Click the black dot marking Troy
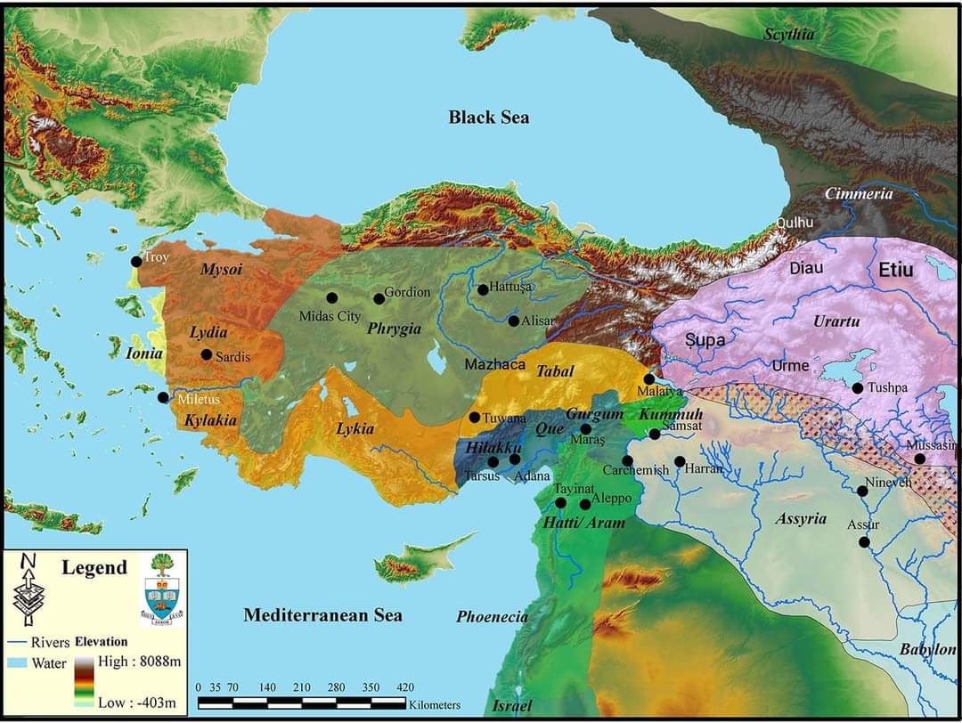pyautogui.click(x=136, y=261)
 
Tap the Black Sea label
pyautogui.click(x=488, y=118)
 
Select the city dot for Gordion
pyautogui.click(x=379, y=298)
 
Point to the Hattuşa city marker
pyautogui.click(x=483, y=289)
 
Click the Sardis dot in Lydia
pyautogui.click(x=207, y=354)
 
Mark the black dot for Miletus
pyautogui.click(x=164, y=397)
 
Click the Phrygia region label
pyautogui.click(x=394, y=328)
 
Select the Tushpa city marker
pyautogui.click(x=858, y=388)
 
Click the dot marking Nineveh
pyautogui.click(x=862, y=491)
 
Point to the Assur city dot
pyautogui.click(x=864, y=541)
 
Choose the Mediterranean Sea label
pyautogui.click(x=322, y=614)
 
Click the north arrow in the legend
pyautogui.click(x=28, y=589)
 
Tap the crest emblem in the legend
pyautogui.click(x=163, y=589)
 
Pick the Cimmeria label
pyautogui.click(x=858, y=193)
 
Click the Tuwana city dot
pyautogui.click(x=475, y=418)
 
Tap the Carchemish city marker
pyautogui.click(x=627, y=461)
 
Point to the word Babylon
pyautogui.click(x=927, y=650)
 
